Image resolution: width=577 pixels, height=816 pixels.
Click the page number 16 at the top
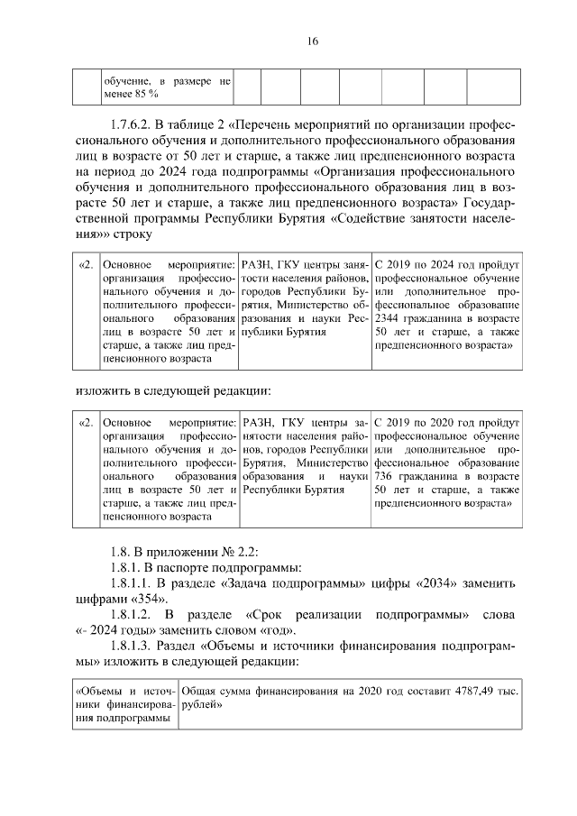288,41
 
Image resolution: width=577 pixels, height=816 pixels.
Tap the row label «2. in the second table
87,421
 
